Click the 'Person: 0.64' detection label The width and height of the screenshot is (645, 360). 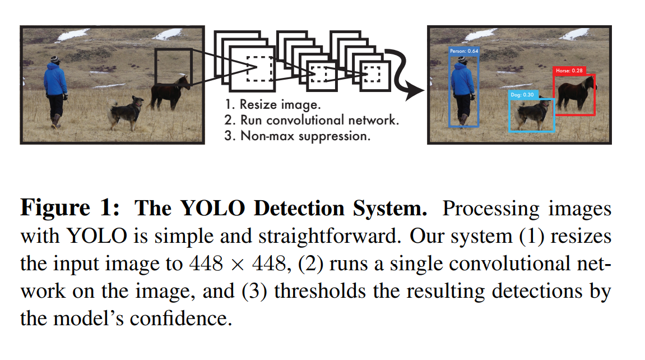(x=465, y=51)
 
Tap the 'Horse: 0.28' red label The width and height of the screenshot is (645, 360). (x=569, y=71)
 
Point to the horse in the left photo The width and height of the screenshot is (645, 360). (x=170, y=93)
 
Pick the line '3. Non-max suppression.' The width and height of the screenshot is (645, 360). (x=297, y=136)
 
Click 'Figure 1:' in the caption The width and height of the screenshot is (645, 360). (x=69, y=209)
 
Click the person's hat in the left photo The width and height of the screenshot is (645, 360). (x=54, y=58)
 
